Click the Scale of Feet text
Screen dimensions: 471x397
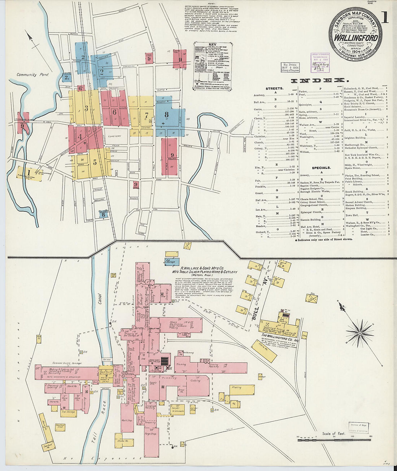334,433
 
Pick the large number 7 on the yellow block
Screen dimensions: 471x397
147,115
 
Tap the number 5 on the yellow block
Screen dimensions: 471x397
95,162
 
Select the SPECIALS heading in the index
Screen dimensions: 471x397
321,168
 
